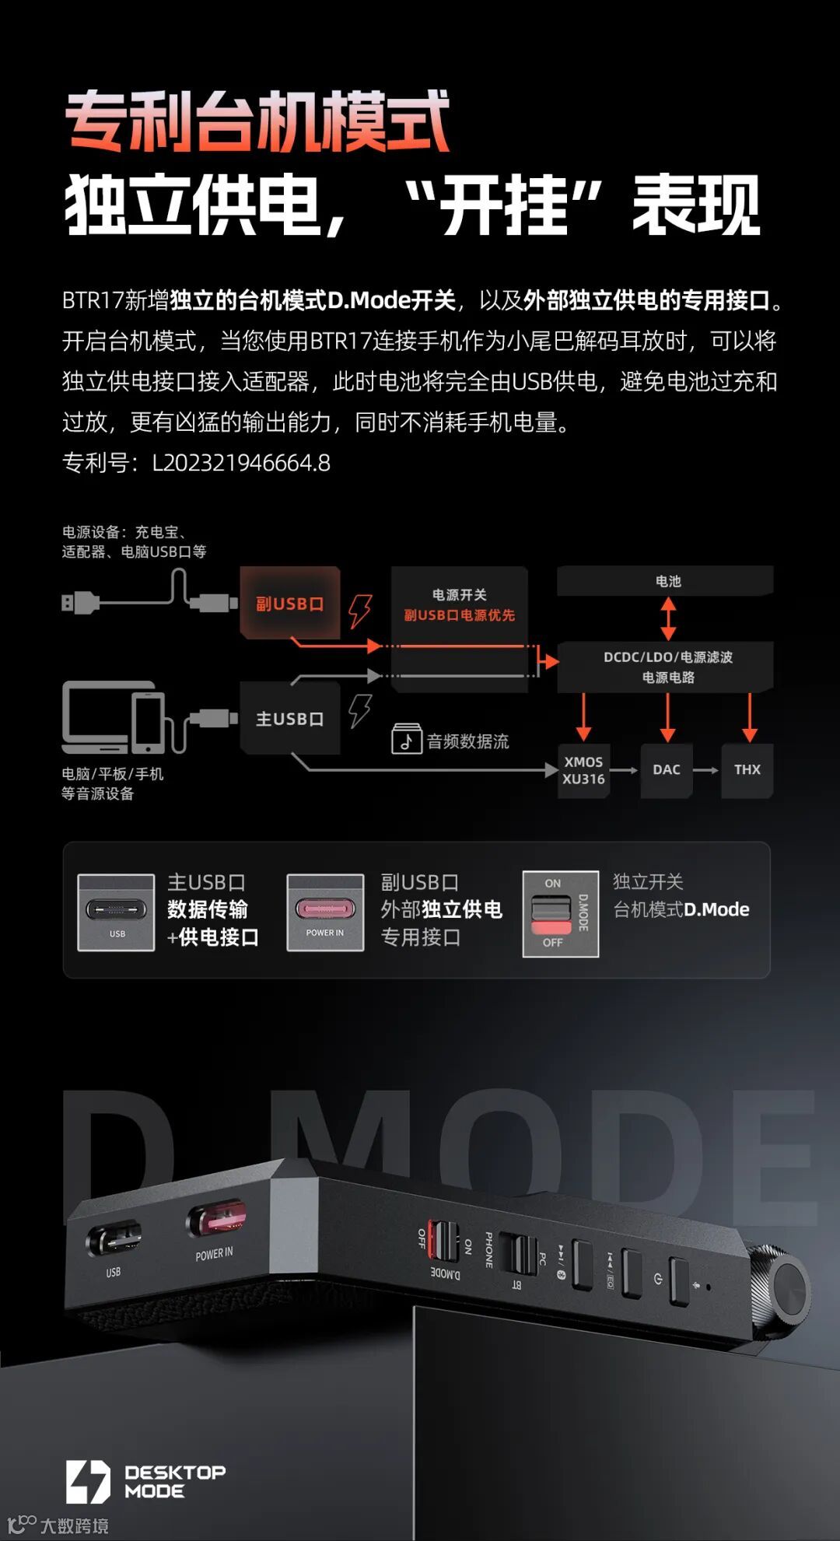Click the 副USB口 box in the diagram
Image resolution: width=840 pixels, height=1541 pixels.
point(289,603)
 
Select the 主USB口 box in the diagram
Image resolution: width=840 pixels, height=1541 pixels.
point(289,719)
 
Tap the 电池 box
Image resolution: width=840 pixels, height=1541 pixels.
point(667,581)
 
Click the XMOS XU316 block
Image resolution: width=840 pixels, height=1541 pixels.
point(583,770)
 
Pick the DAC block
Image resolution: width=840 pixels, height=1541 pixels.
point(667,770)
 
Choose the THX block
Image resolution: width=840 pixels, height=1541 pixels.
point(747,770)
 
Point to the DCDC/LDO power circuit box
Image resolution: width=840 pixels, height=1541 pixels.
point(667,667)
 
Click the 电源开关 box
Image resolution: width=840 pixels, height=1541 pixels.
point(459,605)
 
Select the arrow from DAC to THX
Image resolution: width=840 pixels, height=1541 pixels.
point(705,770)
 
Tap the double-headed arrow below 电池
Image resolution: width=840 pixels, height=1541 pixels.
point(668,618)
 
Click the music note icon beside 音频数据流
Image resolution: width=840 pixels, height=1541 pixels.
point(406,739)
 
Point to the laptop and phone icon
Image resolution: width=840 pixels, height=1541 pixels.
point(114,717)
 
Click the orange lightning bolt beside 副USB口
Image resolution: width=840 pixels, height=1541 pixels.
point(359,611)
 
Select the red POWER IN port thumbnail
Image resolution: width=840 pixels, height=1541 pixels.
point(325,912)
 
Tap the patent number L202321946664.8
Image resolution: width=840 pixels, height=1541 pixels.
point(241,463)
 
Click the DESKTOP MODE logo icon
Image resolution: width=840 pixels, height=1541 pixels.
point(87,1481)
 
